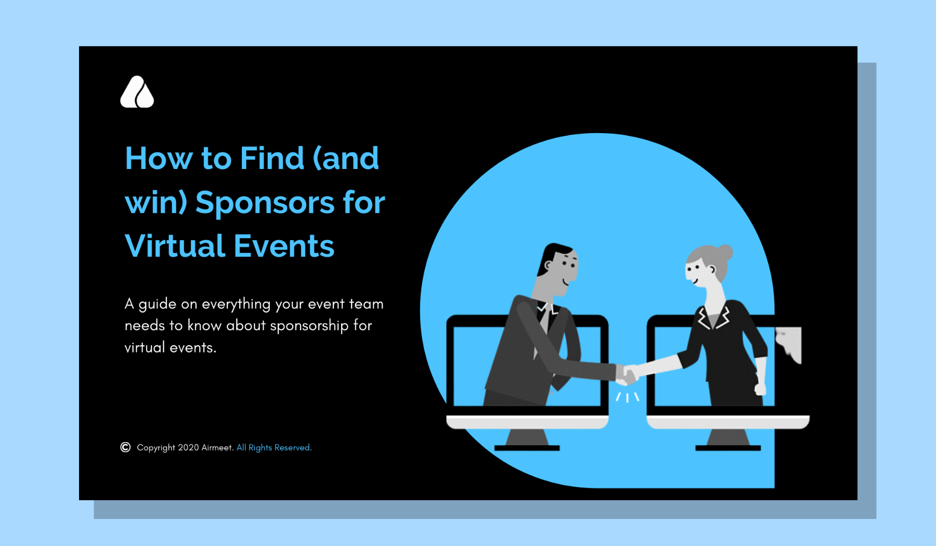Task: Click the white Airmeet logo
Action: [x=137, y=92]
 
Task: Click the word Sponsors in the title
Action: [x=265, y=203]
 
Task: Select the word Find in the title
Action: [x=272, y=158]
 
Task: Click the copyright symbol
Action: [x=125, y=447]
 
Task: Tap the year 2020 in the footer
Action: [x=188, y=448]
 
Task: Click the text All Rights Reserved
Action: [x=274, y=448]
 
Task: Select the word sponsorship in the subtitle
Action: [x=309, y=326]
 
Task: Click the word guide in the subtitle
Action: [x=158, y=304]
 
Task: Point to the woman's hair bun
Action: [x=725, y=252]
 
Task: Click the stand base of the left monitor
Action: [x=527, y=448]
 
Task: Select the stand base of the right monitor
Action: [x=728, y=448]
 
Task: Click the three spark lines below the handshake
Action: [x=628, y=397]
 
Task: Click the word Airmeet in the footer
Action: [x=217, y=448]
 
